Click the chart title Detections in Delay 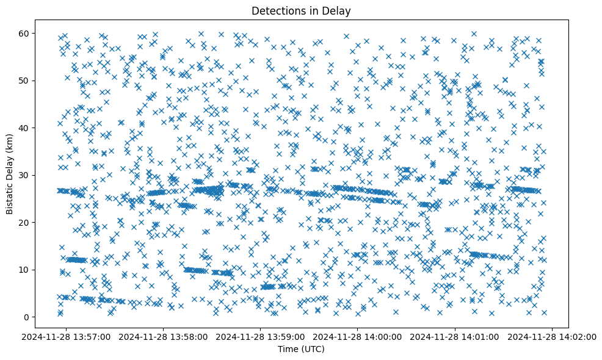[x=302, y=10]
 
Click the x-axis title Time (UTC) [x=302, y=349]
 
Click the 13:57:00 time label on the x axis [x=67, y=336]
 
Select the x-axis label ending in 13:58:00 [x=164, y=336]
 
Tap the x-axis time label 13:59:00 [x=261, y=336]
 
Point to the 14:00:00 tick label [x=358, y=336]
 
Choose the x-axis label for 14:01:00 [x=455, y=336]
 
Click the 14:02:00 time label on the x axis [x=553, y=336]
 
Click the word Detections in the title [x=277, y=10]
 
